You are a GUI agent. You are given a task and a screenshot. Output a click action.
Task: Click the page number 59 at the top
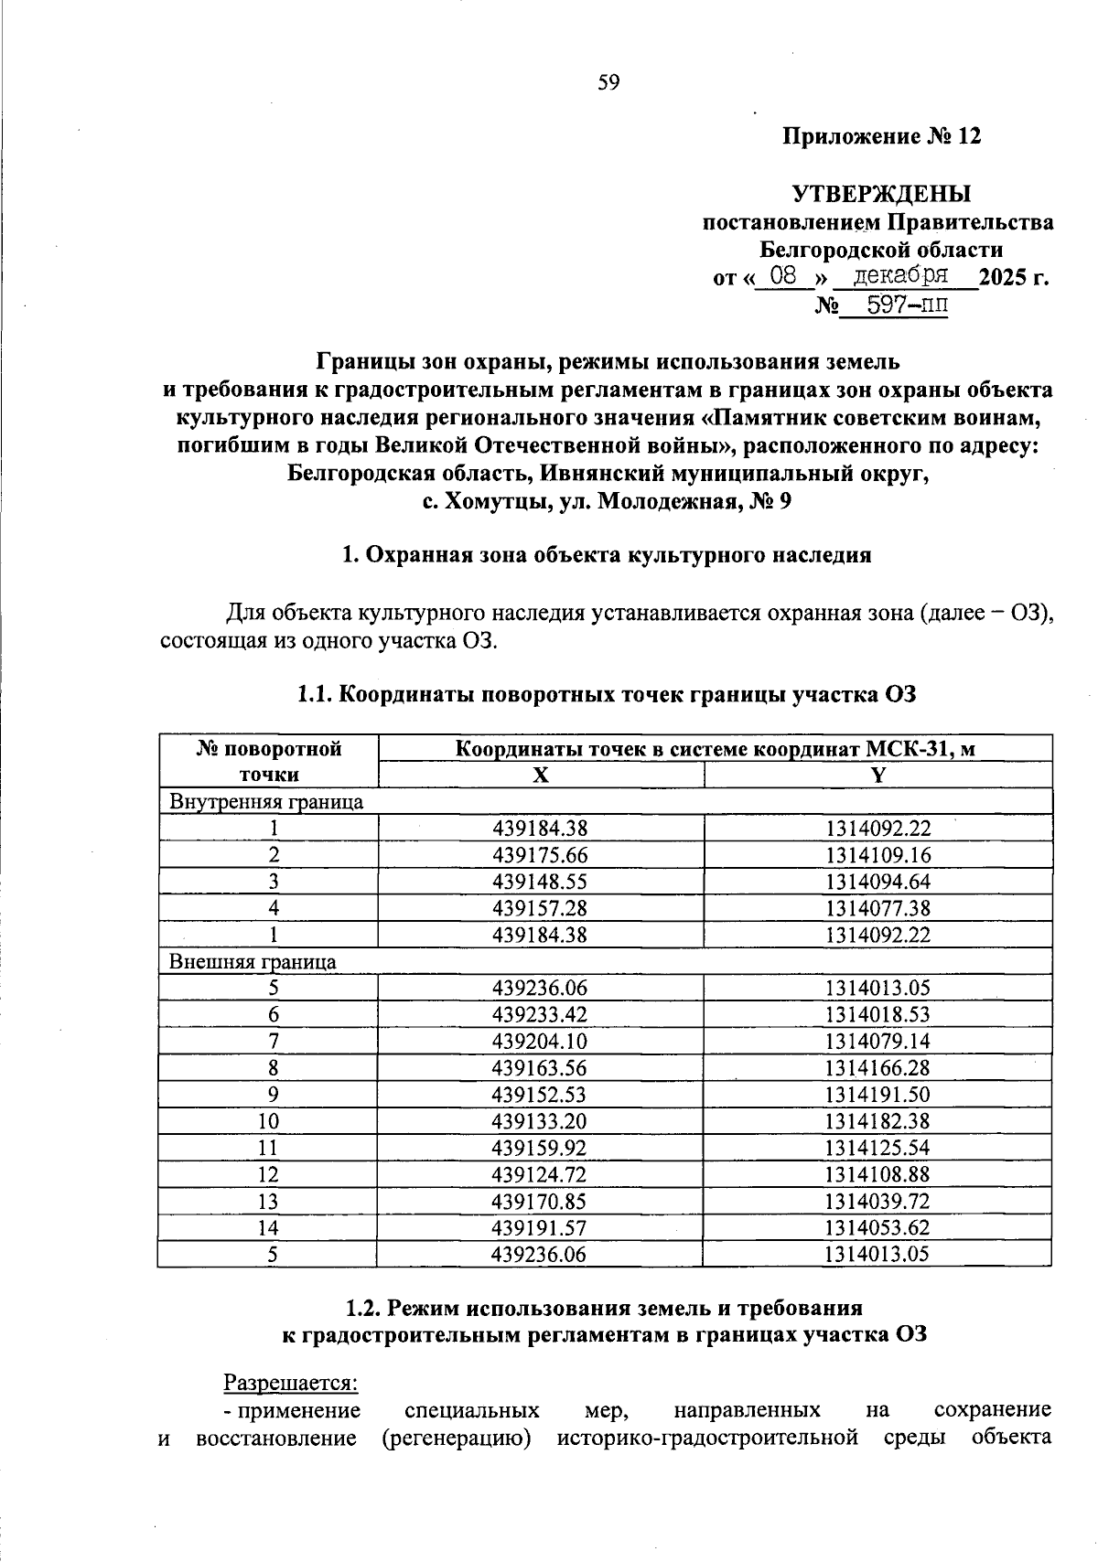coord(608,83)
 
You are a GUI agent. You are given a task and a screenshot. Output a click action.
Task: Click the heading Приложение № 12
coord(881,137)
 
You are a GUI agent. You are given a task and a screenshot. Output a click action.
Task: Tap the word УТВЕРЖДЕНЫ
coord(881,194)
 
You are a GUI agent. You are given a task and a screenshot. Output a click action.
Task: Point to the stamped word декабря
coord(900,274)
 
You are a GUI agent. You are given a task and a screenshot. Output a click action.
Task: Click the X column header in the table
coord(541,776)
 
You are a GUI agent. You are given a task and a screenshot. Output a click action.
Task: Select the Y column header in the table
coord(877,776)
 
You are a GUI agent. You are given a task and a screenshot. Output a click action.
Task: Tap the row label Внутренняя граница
coord(266,802)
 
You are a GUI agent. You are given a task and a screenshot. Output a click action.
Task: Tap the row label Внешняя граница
coord(253,962)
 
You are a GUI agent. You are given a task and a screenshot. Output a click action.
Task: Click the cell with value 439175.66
coord(540,855)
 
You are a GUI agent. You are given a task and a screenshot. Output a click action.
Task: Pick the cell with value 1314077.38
coord(877,908)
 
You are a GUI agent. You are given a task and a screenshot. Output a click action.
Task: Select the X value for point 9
coord(540,1095)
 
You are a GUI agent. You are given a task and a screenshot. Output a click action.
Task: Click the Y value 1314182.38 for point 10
coord(877,1121)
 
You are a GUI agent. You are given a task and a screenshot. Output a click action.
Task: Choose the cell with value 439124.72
coord(540,1174)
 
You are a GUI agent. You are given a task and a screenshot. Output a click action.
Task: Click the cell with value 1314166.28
coord(877,1068)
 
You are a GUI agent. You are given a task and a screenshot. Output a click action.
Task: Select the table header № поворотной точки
coord(268,762)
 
